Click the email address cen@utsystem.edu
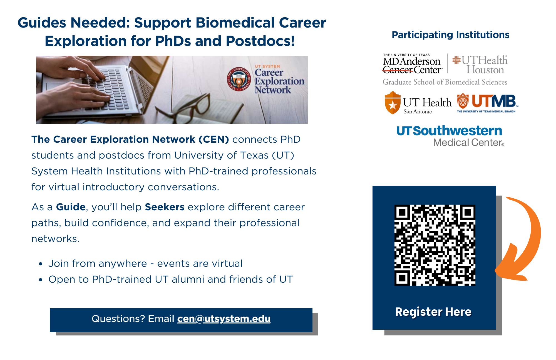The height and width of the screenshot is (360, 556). (224, 319)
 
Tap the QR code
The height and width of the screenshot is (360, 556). (435, 245)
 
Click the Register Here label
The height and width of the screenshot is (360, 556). (433, 312)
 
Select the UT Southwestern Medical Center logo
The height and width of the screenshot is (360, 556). (450, 136)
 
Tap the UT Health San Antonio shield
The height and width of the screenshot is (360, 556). (392, 103)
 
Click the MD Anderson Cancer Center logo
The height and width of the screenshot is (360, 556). (413, 63)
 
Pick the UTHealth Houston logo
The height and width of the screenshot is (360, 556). (480, 65)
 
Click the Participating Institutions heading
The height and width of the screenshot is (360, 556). (450, 35)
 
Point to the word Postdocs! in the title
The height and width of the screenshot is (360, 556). (260, 41)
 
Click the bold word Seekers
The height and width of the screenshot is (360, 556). (165, 207)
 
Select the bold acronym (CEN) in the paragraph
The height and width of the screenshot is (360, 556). (214, 139)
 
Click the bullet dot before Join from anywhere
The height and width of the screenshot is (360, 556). (41, 264)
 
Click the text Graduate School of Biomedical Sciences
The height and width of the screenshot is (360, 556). (445, 82)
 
